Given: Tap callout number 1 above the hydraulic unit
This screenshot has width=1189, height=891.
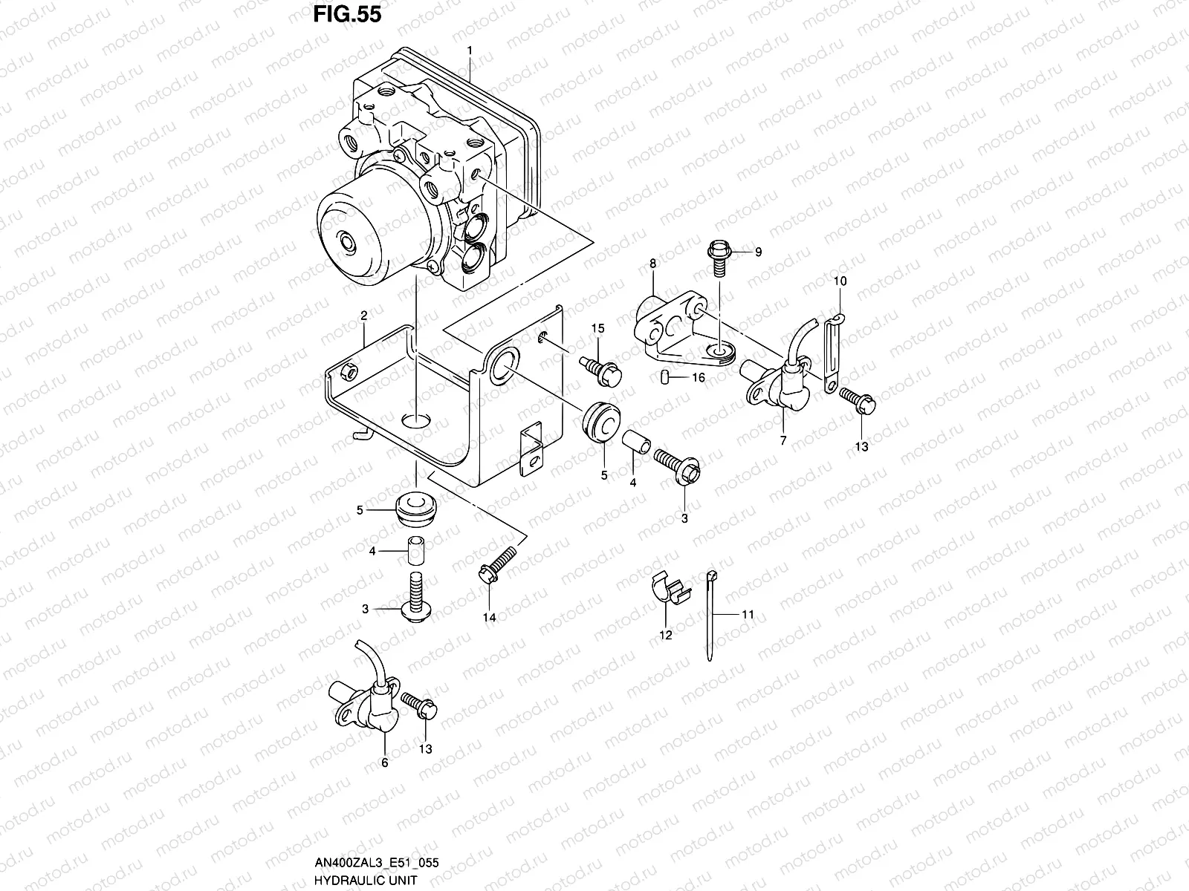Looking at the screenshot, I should point(470,51).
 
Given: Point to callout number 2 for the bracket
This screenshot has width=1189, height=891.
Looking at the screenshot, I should point(364,316).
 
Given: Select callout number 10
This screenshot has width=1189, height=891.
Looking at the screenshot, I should point(840,281).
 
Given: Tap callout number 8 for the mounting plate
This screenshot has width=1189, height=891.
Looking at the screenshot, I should point(652,264).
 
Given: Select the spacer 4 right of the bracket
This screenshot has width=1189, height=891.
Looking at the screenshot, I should point(638,441).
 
